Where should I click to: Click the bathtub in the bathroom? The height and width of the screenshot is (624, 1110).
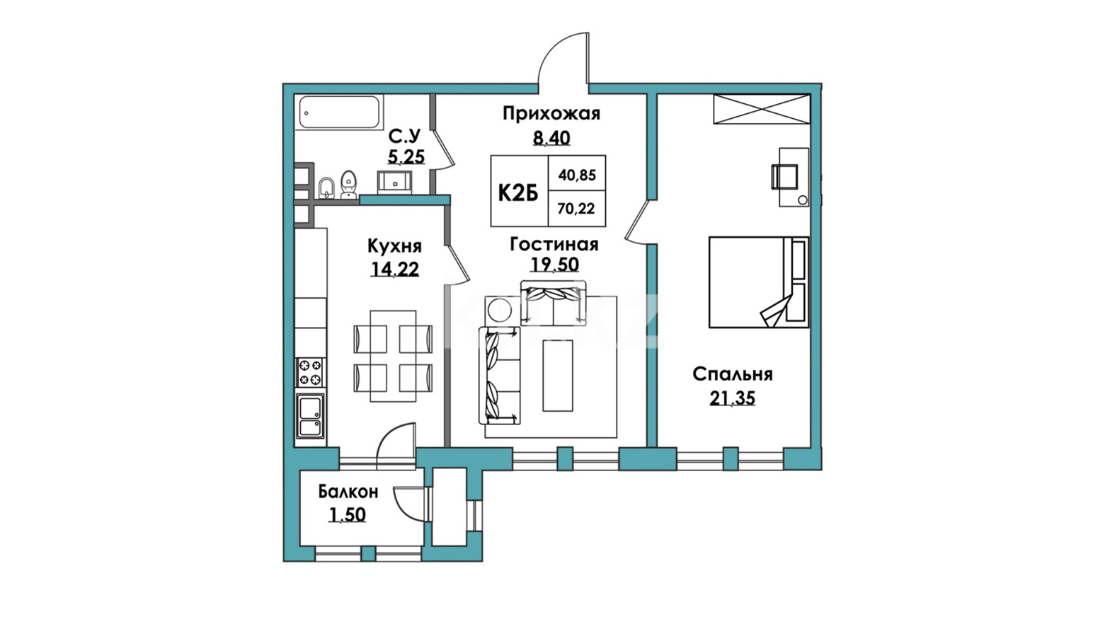[340, 112]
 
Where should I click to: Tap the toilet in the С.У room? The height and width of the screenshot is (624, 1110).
[350, 185]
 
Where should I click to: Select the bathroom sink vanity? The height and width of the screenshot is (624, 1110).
[394, 183]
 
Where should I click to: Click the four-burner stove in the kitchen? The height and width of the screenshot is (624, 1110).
[310, 372]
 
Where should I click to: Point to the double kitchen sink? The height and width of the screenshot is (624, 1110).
[310, 415]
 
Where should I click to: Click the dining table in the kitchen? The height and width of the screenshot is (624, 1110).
[393, 357]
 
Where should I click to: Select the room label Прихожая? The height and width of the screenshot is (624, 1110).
[551, 114]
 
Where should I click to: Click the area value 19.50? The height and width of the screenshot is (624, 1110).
[554, 265]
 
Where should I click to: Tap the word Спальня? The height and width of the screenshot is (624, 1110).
[733, 374]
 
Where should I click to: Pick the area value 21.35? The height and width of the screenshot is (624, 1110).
[733, 398]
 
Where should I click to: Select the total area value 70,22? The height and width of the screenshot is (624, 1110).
[576, 209]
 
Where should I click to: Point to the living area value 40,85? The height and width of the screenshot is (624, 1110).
[577, 175]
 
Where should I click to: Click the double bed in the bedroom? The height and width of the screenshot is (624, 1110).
[759, 282]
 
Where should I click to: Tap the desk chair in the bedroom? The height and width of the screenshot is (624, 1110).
[784, 177]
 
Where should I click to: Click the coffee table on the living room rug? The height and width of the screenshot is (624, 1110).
[558, 376]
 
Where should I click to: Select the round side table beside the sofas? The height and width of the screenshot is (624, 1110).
[500, 311]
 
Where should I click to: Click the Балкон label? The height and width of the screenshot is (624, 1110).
[348, 492]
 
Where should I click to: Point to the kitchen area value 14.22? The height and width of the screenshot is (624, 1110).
[395, 269]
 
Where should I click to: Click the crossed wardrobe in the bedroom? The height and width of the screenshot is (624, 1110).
[762, 109]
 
